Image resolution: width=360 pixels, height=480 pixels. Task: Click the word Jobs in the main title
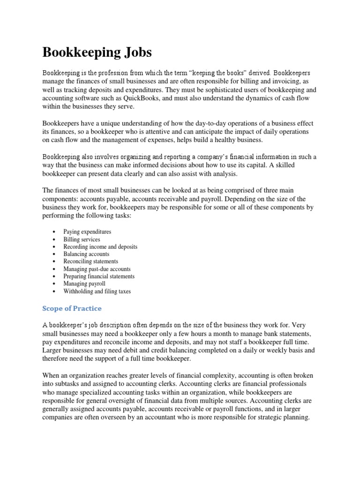coord(135,52)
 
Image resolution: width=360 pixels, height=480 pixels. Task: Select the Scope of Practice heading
coord(72,308)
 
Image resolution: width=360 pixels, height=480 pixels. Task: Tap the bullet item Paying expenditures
coord(87,232)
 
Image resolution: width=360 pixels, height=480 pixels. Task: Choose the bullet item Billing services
coord(82,239)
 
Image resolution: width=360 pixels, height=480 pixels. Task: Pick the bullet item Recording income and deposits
coord(100,247)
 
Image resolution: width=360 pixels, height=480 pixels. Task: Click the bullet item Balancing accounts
coord(86,254)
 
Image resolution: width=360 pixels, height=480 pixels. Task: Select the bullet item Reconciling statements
coord(90,262)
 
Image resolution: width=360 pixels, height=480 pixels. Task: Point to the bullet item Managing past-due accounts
coord(97,269)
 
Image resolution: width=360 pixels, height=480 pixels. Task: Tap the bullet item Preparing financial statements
coord(99,277)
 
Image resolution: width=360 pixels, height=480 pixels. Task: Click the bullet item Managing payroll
coord(84,284)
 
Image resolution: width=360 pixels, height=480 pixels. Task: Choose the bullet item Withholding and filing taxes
coord(97,291)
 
